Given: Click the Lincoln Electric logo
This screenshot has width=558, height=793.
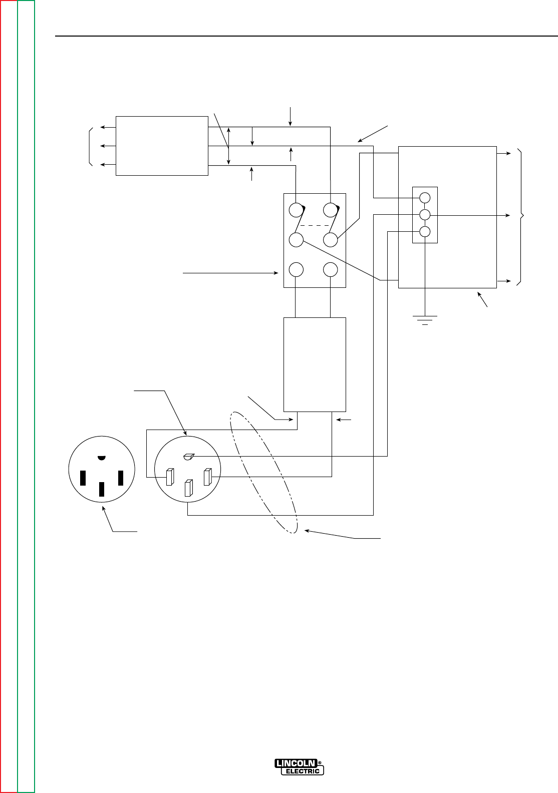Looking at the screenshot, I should click(x=299, y=766).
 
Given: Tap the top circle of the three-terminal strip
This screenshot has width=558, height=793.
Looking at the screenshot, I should click(x=424, y=197).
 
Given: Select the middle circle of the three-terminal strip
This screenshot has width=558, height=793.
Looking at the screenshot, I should click(x=424, y=215).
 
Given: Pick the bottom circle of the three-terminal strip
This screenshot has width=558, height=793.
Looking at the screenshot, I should click(x=424, y=232).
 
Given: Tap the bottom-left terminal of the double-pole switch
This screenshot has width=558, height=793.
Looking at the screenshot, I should click(x=297, y=270).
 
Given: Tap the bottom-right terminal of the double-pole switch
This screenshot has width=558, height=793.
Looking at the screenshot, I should click(x=330, y=270).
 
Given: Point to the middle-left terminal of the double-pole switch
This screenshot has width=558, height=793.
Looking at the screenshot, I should click(x=297, y=240).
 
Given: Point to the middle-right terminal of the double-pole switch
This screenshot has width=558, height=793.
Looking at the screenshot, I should click(x=330, y=240).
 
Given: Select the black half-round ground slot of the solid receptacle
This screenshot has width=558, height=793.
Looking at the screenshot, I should click(x=102, y=458).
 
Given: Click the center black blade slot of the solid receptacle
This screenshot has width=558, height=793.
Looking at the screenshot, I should click(x=102, y=489).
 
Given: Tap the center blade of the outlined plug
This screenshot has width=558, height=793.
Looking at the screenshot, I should click(x=188, y=488).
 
